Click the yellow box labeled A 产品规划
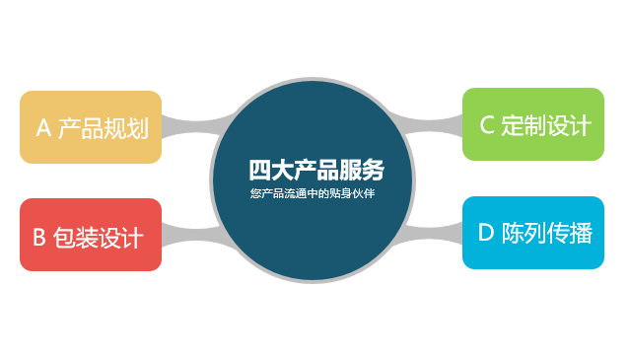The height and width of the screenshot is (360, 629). pos(91,127)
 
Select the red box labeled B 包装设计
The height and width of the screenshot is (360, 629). pos(91,235)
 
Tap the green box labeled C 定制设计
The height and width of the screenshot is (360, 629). pos(532,124)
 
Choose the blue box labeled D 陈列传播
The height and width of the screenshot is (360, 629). pos(532,233)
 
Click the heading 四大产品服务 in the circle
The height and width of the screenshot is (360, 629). pos(315,169)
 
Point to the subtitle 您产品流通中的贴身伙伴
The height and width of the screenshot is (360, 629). pos(314,192)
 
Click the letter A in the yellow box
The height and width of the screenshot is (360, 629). pos(42,128)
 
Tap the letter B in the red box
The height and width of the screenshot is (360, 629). pos(39,237)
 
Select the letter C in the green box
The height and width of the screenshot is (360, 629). pos(486,125)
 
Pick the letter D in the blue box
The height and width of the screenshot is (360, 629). pos(485,234)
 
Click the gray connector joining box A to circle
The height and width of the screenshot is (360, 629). pos(187,127)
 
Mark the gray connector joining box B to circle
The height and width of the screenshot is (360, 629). pos(187,234)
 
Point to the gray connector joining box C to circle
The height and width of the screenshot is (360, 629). pos(439,123)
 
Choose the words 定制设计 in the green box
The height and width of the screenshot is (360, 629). pos(546,125)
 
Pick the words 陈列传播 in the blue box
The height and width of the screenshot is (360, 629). pos(547,234)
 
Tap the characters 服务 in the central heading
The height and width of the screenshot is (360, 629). pos(362,169)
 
